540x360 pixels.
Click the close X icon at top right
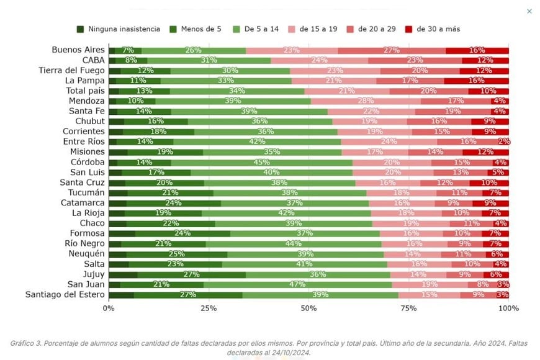point(529,11)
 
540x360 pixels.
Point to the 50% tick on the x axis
point(308,308)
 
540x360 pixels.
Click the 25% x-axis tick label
point(209,308)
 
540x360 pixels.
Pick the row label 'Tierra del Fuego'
point(71,70)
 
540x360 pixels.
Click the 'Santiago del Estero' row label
point(65,294)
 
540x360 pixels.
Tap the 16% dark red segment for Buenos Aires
point(477,50)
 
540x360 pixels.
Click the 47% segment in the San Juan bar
point(297,284)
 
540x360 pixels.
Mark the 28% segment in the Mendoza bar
point(366,101)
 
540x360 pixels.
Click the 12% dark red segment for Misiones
point(485,152)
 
